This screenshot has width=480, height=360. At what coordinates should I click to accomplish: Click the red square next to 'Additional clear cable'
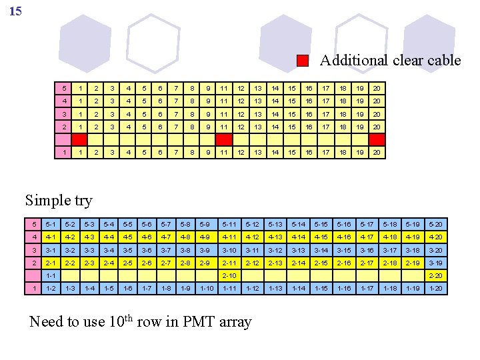(x=303, y=61)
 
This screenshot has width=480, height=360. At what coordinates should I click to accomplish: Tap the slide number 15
(x=15, y=11)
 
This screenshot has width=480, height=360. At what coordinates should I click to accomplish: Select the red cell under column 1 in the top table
(x=79, y=139)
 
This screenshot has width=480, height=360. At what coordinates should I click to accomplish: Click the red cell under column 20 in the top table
(x=377, y=139)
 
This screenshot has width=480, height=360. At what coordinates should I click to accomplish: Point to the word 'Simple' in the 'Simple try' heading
(x=47, y=200)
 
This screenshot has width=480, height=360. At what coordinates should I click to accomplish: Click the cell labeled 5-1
(x=51, y=224)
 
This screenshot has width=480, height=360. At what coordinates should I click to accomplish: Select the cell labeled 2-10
(x=229, y=275)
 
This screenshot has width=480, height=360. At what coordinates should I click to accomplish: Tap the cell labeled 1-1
(x=51, y=275)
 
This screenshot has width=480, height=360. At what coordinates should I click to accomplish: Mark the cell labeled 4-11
(x=229, y=237)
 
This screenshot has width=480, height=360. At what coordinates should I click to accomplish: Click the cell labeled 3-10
(x=229, y=250)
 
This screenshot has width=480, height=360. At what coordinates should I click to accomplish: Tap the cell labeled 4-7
(x=167, y=237)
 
